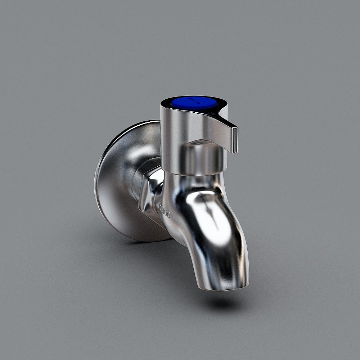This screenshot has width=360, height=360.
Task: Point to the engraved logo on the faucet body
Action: [165, 211]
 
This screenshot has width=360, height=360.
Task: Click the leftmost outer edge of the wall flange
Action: [95, 180]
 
